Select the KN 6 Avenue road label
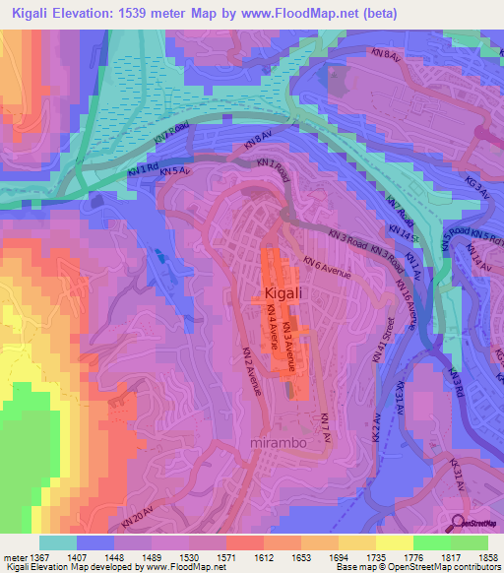[x=327, y=266]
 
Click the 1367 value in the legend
[x=31, y=556]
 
